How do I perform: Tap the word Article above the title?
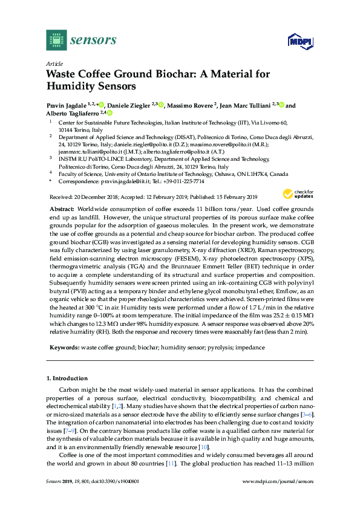(x=54, y=63)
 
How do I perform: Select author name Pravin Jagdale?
(x=67, y=105)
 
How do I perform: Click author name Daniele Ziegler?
(x=129, y=105)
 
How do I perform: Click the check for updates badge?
(x=296, y=194)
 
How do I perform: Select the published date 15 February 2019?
(x=232, y=196)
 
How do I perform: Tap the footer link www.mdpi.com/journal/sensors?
(x=278, y=498)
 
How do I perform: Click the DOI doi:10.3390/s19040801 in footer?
(x=109, y=498)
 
